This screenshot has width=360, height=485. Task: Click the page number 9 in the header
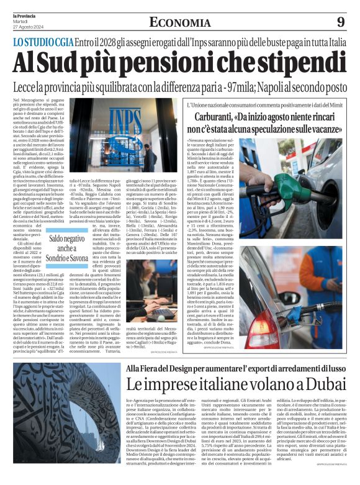tap(341, 22)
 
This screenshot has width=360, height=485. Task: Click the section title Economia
tap(179, 22)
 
